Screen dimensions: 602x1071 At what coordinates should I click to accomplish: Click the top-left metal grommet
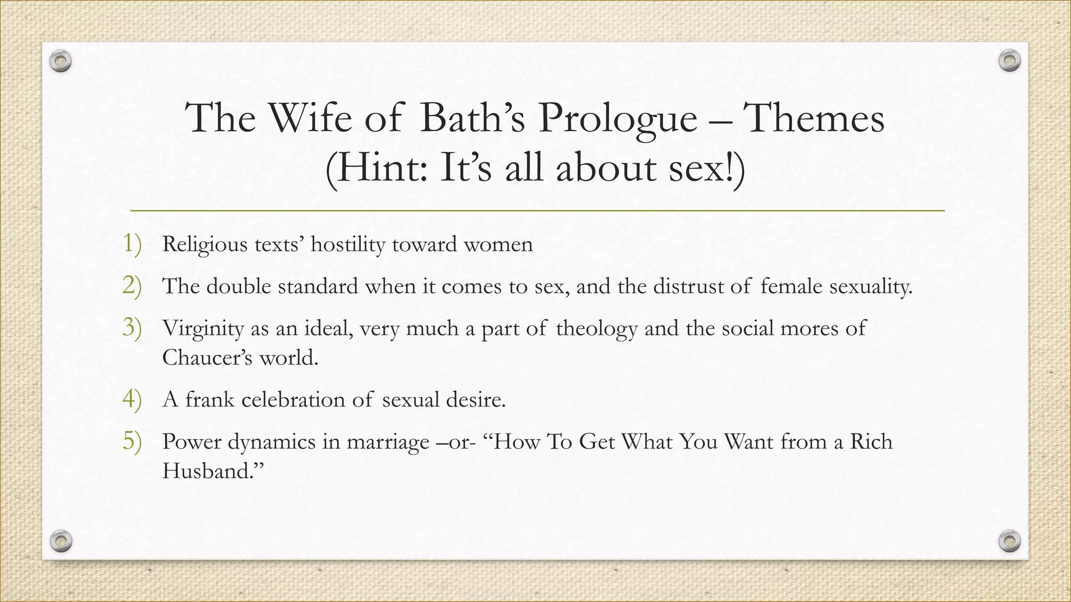(61, 62)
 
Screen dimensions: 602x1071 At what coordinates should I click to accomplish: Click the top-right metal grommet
(1009, 61)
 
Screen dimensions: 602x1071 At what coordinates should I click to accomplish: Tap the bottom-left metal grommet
(61, 540)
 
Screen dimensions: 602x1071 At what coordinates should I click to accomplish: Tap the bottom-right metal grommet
(1009, 540)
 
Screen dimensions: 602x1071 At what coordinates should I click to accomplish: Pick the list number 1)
(132, 244)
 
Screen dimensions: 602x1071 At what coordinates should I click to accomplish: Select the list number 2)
(132, 286)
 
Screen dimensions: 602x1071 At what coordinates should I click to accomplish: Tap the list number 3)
(132, 328)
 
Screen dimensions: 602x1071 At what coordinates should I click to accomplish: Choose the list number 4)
(132, 399)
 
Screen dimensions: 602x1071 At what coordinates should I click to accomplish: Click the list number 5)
(132, 441)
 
